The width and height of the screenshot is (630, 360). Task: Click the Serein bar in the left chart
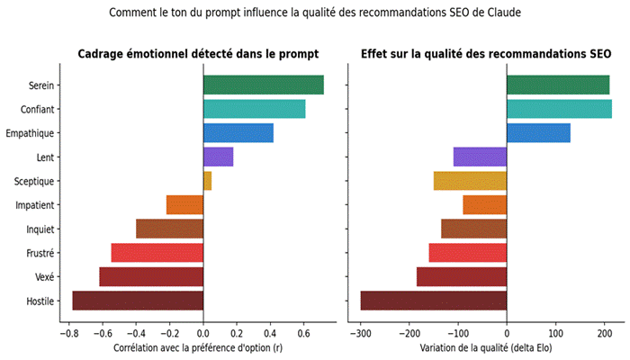(263, 85)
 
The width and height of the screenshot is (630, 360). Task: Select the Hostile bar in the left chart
(138, 301)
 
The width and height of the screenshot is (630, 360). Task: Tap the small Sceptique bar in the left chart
(207, 181)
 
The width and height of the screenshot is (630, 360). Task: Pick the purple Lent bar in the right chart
(480, 157)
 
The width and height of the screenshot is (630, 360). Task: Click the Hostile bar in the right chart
(433, 301)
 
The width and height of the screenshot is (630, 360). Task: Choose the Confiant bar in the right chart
(559, 109)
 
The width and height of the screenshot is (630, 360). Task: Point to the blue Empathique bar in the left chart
(238, 133)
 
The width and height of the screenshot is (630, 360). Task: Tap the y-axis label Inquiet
(41, 229)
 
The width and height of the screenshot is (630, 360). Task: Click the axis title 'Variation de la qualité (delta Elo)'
(486, 346)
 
